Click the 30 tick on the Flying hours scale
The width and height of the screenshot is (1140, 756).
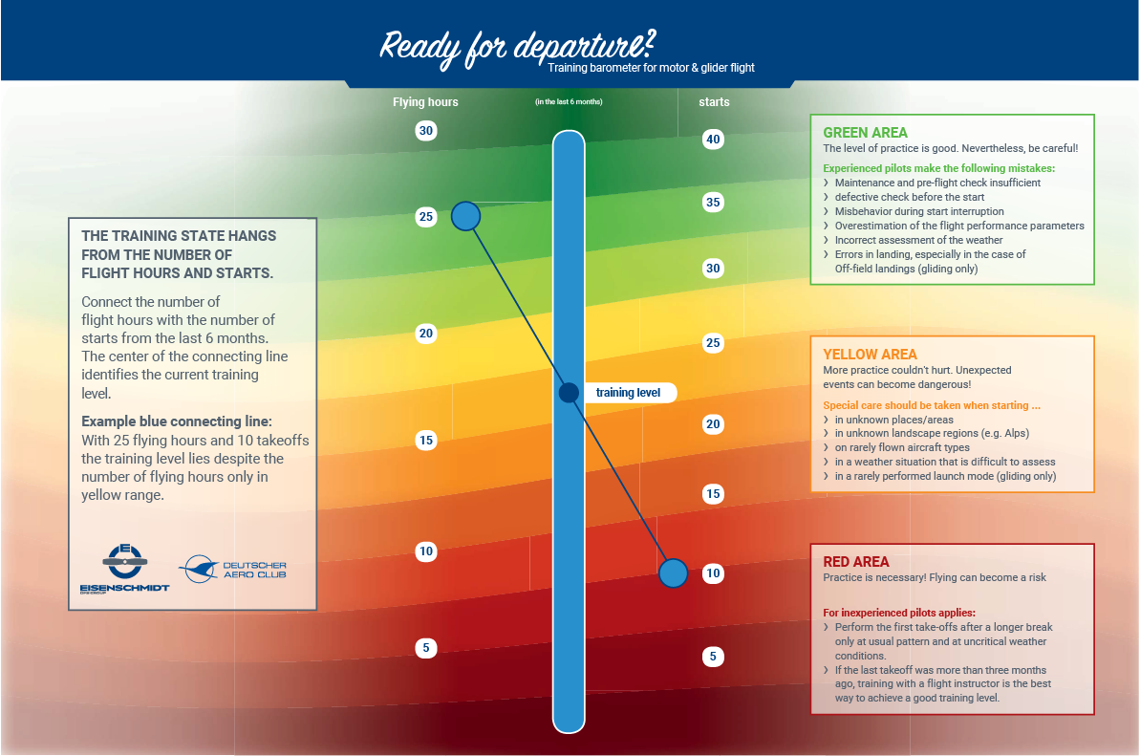click(x=426, y=131)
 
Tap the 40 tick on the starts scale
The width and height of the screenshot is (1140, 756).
click(x=713, y=139)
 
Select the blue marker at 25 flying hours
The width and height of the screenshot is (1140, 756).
click(x=466, y=216)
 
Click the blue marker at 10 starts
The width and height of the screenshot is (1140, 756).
click(x=674, y=573)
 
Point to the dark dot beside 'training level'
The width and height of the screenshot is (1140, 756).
click(x=569, y=393)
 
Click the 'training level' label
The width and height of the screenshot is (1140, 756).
click(x=628, y=393)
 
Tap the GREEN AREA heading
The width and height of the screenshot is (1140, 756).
click(x=865, y=132)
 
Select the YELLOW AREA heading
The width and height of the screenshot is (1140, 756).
click(x=871, y=354)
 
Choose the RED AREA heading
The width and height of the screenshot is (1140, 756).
click(x=856, y=561)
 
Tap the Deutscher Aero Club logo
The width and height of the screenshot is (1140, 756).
click(x=232, y=569)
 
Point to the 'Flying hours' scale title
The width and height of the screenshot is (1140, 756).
click(x=425, y=101)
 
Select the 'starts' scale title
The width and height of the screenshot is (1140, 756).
click(x=714, y=101)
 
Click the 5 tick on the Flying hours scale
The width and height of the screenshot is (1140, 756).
click(x=426, y=648)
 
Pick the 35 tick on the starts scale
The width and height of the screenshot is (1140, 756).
click(x=713, y=202)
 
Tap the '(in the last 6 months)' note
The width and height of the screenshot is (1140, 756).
click(x=569, y=101)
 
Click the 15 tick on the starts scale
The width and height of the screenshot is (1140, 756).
click(x=713, y=493)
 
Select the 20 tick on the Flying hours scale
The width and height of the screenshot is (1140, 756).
click(x=426, y=334)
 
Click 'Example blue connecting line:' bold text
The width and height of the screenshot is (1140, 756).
click(x=177, y=421)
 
